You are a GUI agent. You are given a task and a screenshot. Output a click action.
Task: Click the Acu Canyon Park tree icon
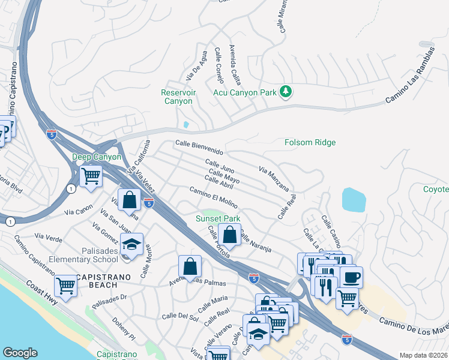[x=286, y=92]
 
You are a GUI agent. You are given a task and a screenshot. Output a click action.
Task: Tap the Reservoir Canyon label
[x=178, y=97]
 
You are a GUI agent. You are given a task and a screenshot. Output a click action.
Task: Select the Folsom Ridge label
[x=310, y=143]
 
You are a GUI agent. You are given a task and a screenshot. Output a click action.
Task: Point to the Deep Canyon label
[x=97, y=157]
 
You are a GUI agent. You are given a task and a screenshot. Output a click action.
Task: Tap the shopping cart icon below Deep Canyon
[x=91, y=177]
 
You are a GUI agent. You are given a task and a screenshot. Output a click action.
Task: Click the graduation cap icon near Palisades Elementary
[x=131, y=244]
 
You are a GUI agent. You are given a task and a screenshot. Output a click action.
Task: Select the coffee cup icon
[x=351, y=277]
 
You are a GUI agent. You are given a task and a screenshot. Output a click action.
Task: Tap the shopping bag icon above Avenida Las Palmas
[x=190, y=265]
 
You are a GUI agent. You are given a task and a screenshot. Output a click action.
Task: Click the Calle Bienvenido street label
[x=199, y=146]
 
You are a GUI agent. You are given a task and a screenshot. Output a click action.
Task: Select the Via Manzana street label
[x=274, y=179]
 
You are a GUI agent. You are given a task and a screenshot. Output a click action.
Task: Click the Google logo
[x=20, y=353]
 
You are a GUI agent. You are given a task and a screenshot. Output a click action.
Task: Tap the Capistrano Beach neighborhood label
[x=100, y=280]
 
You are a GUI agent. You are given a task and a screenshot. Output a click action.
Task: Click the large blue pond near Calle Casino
[x=354, y=200]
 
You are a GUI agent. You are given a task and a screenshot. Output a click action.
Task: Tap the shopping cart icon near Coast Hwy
[x=65, y=284]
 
